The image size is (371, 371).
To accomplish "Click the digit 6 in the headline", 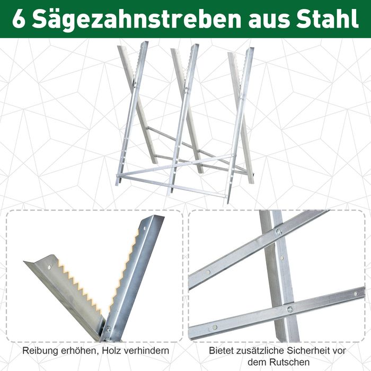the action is click(x=19, y=20).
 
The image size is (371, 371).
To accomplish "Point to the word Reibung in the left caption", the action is click(x=40, y=351).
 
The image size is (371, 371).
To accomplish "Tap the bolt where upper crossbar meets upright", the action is click(x=279, y=232).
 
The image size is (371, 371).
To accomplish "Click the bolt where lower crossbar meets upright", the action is click(x=290, y=309).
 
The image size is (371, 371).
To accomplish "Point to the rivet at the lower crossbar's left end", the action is click(x=215, y=327).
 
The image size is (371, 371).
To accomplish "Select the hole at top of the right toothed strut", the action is click(x=145, y=229).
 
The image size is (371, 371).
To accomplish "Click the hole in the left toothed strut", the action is click(x=49, y=268).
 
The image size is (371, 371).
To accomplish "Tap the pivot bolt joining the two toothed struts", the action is click(x=109, y=329).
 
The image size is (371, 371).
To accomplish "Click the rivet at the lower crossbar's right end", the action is click(x=356, y=294).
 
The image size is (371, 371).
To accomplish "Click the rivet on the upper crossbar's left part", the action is click(x=208, y=272).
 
